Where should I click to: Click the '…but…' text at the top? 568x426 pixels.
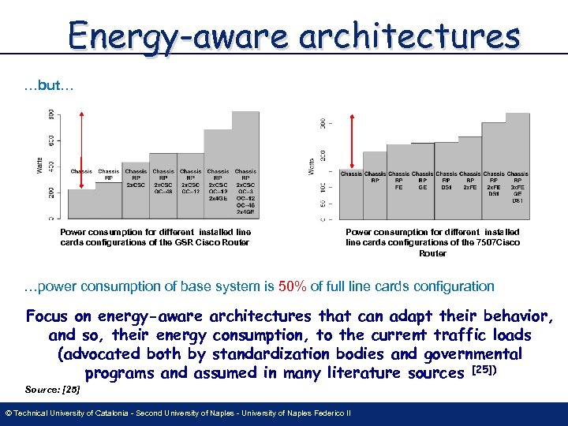pos(49,85)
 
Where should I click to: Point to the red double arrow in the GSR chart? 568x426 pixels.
pos(82,150)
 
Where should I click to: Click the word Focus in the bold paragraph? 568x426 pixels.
pos(49,317)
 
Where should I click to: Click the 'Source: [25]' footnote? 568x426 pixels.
pos(52,389)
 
